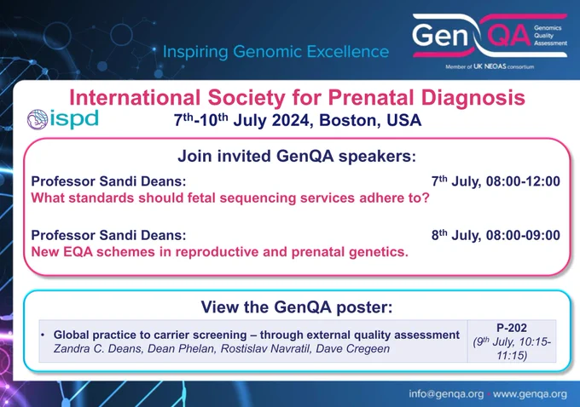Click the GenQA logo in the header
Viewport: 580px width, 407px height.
pos(490,36)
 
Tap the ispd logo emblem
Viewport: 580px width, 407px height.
pos(38,119)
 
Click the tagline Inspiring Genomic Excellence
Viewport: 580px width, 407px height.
pos(275,51)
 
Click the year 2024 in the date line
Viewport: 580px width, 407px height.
pos(290,120)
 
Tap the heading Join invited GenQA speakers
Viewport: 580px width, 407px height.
pos(297,156)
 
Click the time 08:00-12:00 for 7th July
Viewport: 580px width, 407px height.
pos(523,181)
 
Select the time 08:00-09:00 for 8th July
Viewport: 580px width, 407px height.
pos(523,235)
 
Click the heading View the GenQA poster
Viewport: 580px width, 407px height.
pos(297,307)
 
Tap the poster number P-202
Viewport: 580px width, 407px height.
pos(512,328)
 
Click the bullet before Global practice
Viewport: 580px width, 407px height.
pos(43,335)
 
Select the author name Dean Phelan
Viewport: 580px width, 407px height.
pos(181,348)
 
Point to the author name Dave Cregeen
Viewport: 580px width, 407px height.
pos(352,348)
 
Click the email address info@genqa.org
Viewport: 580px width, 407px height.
pos(446,394)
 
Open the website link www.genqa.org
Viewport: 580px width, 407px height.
pos(530,394)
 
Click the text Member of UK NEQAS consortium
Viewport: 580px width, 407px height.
pos(490,67)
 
